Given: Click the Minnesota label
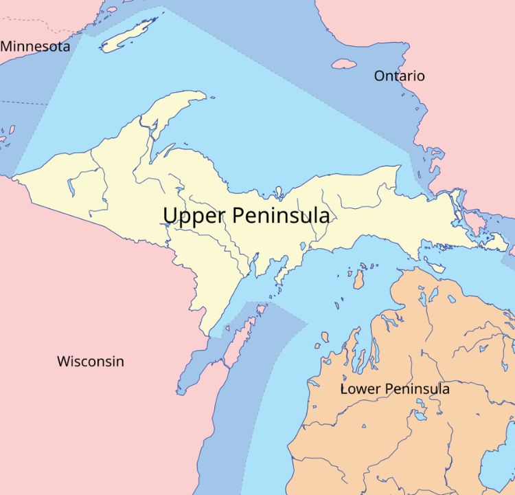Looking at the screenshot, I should [x=35, y=47].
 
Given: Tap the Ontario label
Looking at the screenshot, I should [x=399, y=76].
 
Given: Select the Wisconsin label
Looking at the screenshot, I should [x=90, y=361].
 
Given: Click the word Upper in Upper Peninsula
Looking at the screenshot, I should [x=194, y=216].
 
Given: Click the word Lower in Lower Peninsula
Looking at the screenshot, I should [x=360, y=389].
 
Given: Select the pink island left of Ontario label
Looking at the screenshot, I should [x=344, y=64].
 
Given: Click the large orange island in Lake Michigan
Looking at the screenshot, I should [x=358, y=279].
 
